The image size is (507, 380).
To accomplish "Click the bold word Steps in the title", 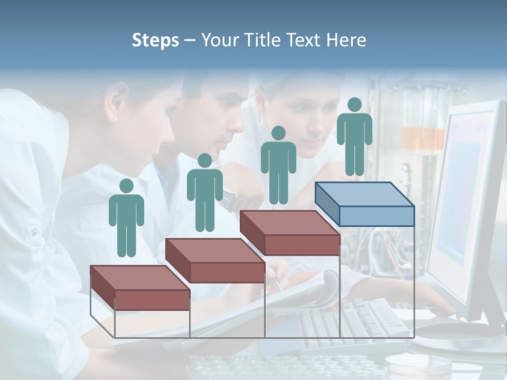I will [155, 41].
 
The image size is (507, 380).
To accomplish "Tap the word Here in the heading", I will [346, 40].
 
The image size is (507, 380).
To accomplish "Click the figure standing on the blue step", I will [354, 136].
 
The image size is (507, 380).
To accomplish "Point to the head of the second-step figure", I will [204, 160].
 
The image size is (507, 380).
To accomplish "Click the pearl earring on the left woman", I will [115, 120].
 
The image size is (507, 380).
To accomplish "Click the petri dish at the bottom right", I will [409, 364].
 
